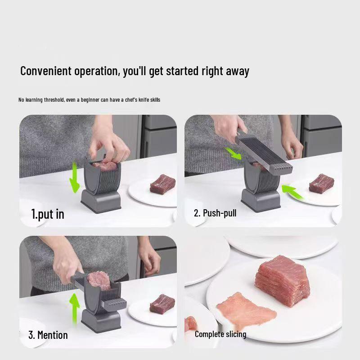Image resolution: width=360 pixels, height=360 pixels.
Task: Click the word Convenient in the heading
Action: (46, 71)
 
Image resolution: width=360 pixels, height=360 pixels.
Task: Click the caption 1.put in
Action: (47, 214)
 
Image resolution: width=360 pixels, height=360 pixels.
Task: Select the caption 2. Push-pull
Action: (215, 213)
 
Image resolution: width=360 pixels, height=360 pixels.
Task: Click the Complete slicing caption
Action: (220, 334)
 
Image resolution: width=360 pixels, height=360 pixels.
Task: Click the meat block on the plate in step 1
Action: (162, 184)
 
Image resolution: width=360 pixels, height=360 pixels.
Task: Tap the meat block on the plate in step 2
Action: (321, 183)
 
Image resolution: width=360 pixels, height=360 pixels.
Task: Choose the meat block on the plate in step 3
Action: (162, 304)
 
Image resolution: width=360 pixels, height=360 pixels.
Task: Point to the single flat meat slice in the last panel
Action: (246, 310)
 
